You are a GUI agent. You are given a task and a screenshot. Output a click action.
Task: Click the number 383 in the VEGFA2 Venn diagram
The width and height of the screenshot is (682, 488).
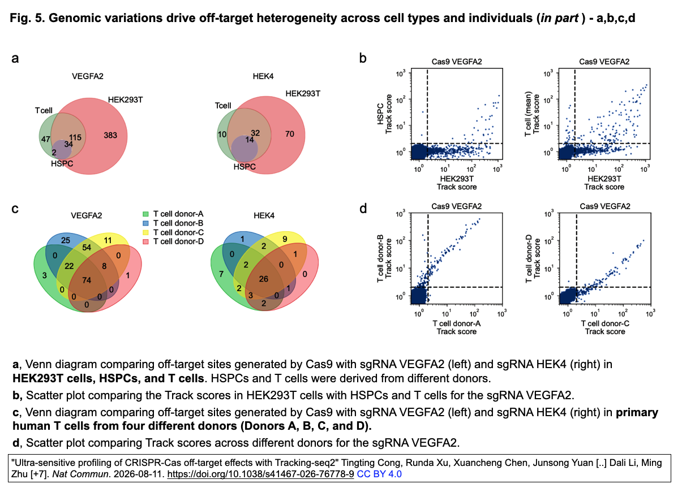pos(110,135)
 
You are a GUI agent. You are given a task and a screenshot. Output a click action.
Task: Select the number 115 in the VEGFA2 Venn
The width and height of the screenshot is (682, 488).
pos(75,137)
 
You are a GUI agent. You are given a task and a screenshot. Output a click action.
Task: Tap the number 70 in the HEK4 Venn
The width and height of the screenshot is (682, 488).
pos(290,134)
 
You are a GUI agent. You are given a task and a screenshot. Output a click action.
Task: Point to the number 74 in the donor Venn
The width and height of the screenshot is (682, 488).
pos(87,280)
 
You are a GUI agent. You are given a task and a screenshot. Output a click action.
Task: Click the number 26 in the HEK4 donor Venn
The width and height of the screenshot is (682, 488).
pos(263,279)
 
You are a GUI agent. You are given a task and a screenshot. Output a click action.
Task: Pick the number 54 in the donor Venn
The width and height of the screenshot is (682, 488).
pos(87,247)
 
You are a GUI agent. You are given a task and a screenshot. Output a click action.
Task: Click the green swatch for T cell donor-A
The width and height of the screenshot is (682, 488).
pos(145,214)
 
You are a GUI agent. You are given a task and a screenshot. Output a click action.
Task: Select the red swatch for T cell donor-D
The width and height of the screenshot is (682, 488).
pos(145,241)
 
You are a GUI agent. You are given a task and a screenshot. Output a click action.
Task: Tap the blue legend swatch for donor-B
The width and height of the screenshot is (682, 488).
pos(145,223)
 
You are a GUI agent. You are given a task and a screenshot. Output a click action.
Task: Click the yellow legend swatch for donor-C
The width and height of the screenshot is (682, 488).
pos(145,232)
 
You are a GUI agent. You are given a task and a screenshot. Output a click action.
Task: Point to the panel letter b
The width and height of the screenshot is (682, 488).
pos(363,58)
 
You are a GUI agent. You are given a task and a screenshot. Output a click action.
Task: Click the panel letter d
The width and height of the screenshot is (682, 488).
pos(363,209)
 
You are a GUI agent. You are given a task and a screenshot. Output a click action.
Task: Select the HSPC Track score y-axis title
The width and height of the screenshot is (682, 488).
pos(384,114)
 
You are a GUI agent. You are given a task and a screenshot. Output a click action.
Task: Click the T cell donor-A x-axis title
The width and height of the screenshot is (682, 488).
pos(457,327)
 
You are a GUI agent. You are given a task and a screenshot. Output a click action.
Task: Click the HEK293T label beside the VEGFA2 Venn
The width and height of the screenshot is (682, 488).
pos(125,100)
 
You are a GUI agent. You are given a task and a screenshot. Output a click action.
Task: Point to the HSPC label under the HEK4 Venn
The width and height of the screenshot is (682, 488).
pos(245,167)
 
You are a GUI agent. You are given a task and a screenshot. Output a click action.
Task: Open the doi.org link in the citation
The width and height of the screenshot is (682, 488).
pos(260,474)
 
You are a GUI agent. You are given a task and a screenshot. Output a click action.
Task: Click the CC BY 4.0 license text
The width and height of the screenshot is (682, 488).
pos(379,474)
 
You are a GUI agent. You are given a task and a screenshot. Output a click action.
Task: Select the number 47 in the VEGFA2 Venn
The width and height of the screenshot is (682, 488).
pos(46,139)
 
